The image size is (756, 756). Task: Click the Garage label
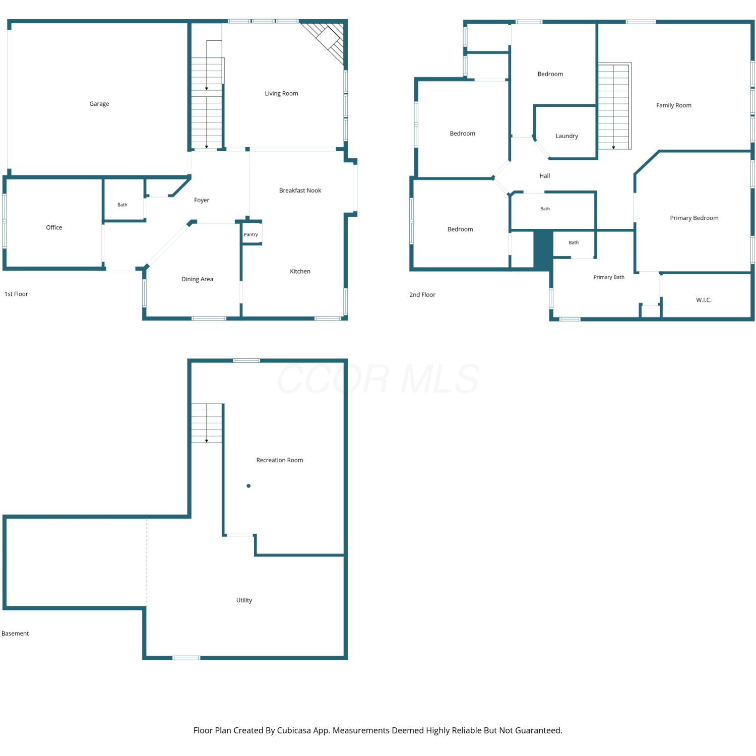click(x=99, y=104)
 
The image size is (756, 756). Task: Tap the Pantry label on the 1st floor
click(x=251, y=234)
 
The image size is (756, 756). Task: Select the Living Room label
click(x=282, y=93)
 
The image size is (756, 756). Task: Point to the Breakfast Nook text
click(x=300, y=191)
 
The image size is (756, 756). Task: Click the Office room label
click(x=54, y=227)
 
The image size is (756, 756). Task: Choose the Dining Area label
click(x=198, y=279)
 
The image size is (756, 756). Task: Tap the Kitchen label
click(x=300, y=271)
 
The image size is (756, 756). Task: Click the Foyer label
click(x=202, y=200)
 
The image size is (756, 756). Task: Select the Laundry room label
click(x=567, y=136)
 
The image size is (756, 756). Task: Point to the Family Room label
click(x=674, y=105)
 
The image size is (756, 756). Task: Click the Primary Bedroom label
click(x=695, y=218)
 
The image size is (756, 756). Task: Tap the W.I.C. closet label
click(x=704, y=300)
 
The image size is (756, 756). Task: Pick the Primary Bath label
click(x=609, y=277)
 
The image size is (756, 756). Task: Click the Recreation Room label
click(x=280, y=460)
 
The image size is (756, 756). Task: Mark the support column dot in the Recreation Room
click(x=248, y=486)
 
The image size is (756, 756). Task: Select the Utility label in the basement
click(x=244, y=600)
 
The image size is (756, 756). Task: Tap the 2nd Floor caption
click(x=422, y=295)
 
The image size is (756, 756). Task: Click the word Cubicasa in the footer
click(x=294, y=730)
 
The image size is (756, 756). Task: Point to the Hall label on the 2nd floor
click(x=545, y=176)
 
